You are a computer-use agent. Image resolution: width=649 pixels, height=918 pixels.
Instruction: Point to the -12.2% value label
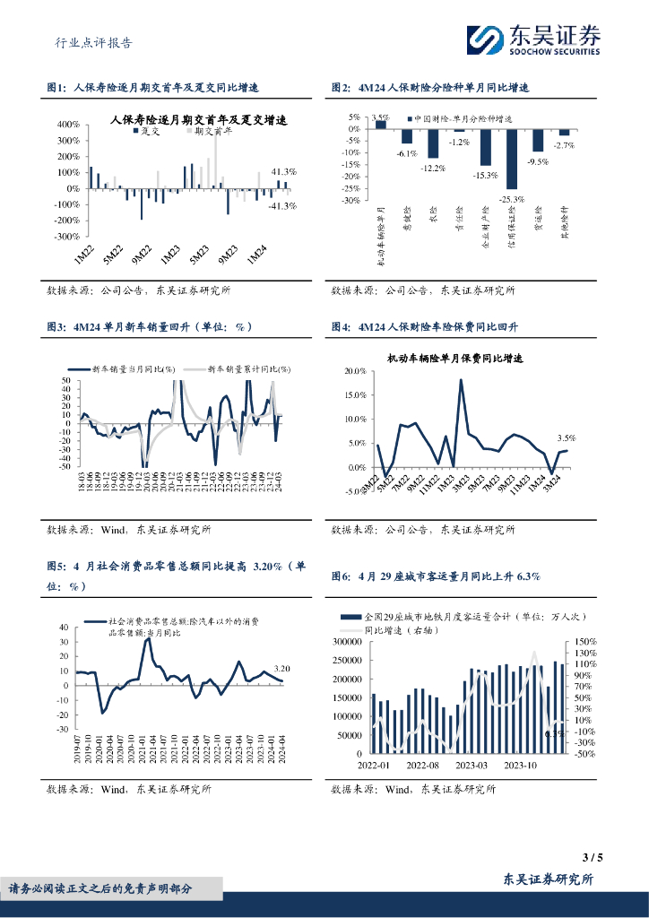433,168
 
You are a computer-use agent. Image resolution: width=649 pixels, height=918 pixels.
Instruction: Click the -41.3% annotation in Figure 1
283,205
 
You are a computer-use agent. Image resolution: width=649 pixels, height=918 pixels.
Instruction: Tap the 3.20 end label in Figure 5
281,668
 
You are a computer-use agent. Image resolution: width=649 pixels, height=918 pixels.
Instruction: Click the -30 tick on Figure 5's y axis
63,730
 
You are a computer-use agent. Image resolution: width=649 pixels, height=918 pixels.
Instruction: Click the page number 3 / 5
593,857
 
